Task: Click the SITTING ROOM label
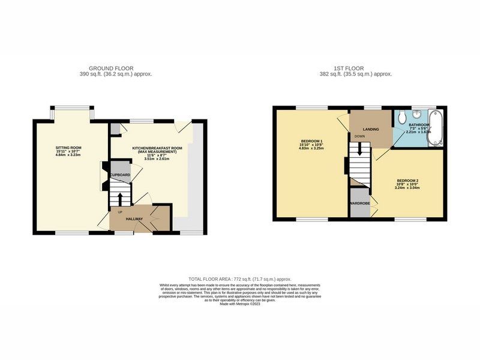pos(68,148)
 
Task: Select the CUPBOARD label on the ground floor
pos(120,175)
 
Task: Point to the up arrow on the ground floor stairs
pos(120,197)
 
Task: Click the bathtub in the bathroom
pos(434,127)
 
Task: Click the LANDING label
pos(370,130)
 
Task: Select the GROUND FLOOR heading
pos(111,68)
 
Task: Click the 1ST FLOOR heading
pos(356,68)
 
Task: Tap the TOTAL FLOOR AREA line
pos(239,280)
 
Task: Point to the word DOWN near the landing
pos(359,137)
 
